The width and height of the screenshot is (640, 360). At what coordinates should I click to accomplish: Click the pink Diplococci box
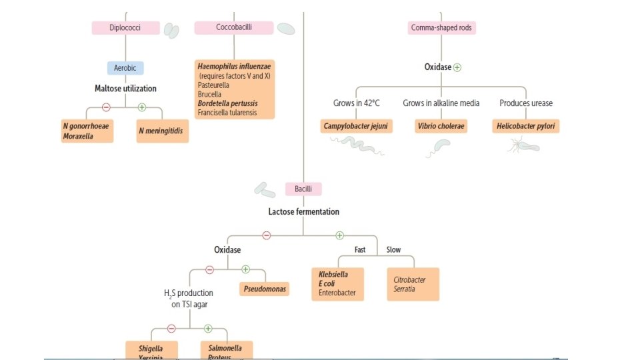coord(125,28)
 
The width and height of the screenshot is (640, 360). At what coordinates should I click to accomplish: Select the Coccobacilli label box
coord(233,28)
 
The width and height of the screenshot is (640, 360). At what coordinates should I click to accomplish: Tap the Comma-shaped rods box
coord(442,28)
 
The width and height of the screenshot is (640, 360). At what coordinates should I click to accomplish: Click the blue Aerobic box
coord(125,68)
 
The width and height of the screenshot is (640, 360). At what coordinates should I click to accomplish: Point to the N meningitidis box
coord(162,131)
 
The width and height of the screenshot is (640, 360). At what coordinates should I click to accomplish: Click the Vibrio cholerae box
coord(441,126)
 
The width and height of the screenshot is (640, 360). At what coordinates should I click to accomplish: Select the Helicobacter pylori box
coord(527,126)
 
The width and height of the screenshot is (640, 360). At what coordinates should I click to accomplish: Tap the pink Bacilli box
coord(303,189)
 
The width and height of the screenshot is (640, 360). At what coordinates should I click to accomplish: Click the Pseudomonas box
coord(264,289)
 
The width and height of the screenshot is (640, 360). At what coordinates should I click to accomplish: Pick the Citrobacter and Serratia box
coord(413,284)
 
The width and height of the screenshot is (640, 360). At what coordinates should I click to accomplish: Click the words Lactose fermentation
coord(303,212)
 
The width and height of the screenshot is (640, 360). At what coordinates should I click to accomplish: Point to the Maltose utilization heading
coord(125,88)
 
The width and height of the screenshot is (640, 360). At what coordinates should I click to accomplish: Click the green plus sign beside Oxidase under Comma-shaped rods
coord(457,68)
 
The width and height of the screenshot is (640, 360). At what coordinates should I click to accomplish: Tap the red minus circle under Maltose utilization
coord(106,107)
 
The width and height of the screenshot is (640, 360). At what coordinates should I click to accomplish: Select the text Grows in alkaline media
coord(441,103)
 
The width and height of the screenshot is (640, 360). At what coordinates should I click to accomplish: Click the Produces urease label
coord(526,103)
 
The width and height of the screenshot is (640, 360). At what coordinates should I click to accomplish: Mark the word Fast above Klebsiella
coord(360,250)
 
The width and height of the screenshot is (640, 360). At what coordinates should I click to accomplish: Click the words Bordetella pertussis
coord(227,104)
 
